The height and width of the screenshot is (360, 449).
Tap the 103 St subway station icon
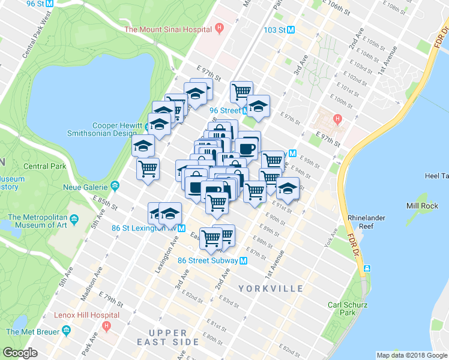(x=291, y=29)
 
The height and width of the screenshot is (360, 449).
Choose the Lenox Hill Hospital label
(x=85, y=315)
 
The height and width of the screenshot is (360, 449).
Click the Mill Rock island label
(x=421, y=205)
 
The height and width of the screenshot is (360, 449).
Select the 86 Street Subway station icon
(x=244, y=260)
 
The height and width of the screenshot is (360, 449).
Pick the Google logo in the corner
(x=20, y=353)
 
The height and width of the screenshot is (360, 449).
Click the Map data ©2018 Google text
(x=412, y=355)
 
